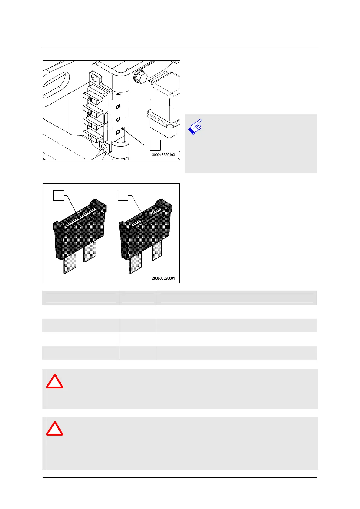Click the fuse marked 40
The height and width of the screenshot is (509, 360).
[92, 99]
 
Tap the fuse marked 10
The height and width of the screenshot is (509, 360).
[91, 137]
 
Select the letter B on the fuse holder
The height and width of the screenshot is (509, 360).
[119, 106]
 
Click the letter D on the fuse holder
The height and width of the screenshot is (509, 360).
[118, 132]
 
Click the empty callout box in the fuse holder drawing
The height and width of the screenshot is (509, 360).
[155, 145]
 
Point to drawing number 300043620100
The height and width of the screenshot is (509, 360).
[163, 155]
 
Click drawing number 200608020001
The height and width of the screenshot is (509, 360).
[163, 278]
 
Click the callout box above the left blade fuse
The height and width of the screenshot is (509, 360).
[59, 195]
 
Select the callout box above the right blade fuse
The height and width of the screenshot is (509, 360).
[123, 195]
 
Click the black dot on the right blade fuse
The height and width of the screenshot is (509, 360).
[145, 217]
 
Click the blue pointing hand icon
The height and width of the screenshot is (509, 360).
[195, 126]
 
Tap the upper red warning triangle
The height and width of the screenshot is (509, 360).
[54, 382]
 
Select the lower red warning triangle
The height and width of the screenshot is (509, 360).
[54, 429]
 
